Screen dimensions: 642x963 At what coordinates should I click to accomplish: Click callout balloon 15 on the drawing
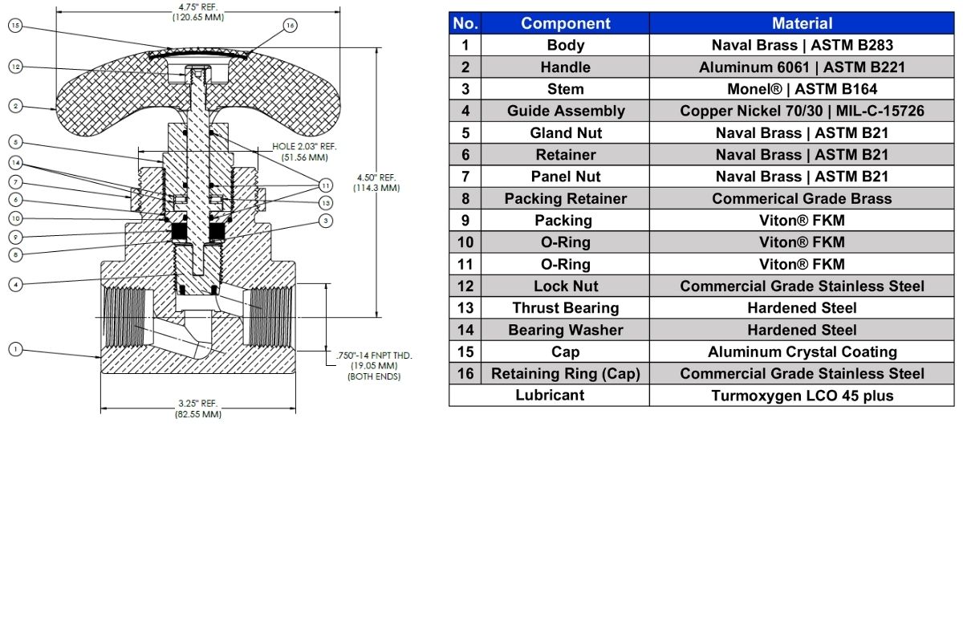tap(14, 26)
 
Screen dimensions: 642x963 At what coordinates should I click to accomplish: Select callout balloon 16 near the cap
tap(291, 26)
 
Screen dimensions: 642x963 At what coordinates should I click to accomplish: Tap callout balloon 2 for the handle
tap(14, 105)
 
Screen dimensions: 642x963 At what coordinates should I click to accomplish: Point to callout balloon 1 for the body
tap(14, 348)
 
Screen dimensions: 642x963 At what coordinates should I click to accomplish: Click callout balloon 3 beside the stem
tap(326, 220)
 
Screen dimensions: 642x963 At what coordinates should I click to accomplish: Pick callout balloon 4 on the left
tap(14, 283)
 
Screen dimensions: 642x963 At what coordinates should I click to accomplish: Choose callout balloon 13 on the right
tap(326, 203)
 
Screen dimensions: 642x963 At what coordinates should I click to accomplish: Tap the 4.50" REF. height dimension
tap(376, 182)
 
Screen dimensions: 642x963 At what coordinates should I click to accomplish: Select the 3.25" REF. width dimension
tap(198, 408)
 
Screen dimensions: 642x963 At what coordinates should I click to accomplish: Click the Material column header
tap(802, 23)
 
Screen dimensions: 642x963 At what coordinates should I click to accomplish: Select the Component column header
tap(565, 23)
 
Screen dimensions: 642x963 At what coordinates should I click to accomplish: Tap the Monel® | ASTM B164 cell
tap(802, 89)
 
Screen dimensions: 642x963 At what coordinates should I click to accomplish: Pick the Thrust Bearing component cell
tap(565, 308)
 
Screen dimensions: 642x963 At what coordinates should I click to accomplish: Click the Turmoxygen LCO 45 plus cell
tap(802, 396)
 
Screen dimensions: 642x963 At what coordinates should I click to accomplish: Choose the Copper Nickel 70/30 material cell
tap(802, 111)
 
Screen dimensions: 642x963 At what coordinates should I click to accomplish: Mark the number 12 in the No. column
tap(465, 286)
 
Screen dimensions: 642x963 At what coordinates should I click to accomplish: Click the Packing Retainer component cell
tap(565, 198)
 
